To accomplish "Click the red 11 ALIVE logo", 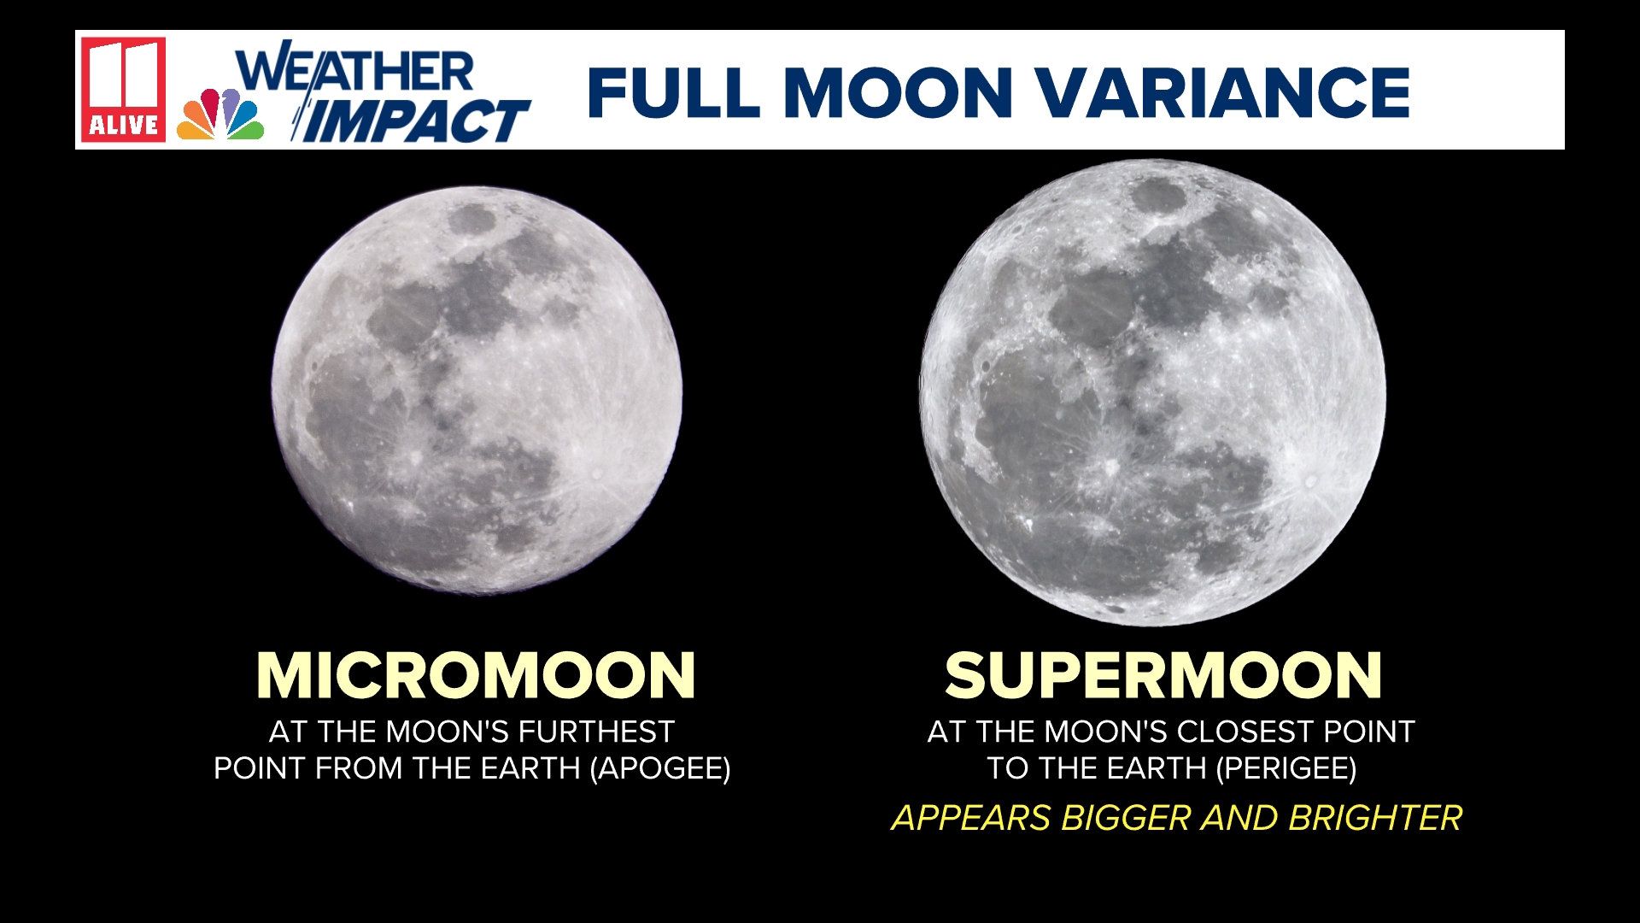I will coord(124,89).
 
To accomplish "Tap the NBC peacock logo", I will coord(220,115).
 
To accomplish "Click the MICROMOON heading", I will coord(476,676).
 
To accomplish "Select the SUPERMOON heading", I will coord(1163,676).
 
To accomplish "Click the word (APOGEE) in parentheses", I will coord(660,768).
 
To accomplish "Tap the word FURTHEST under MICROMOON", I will coord(596,732).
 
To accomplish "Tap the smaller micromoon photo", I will coord(477,389).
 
